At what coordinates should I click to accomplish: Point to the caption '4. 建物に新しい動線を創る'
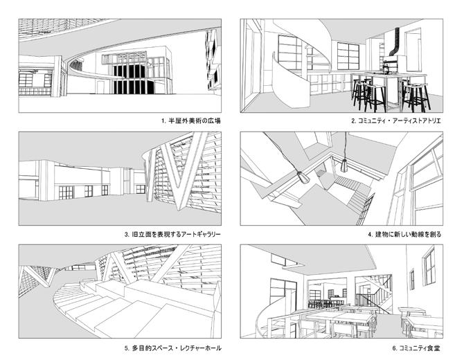pos(404,234)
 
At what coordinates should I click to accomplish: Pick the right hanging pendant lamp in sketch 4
pos(344,166)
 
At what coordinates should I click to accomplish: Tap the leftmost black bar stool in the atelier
pos(361,95)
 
